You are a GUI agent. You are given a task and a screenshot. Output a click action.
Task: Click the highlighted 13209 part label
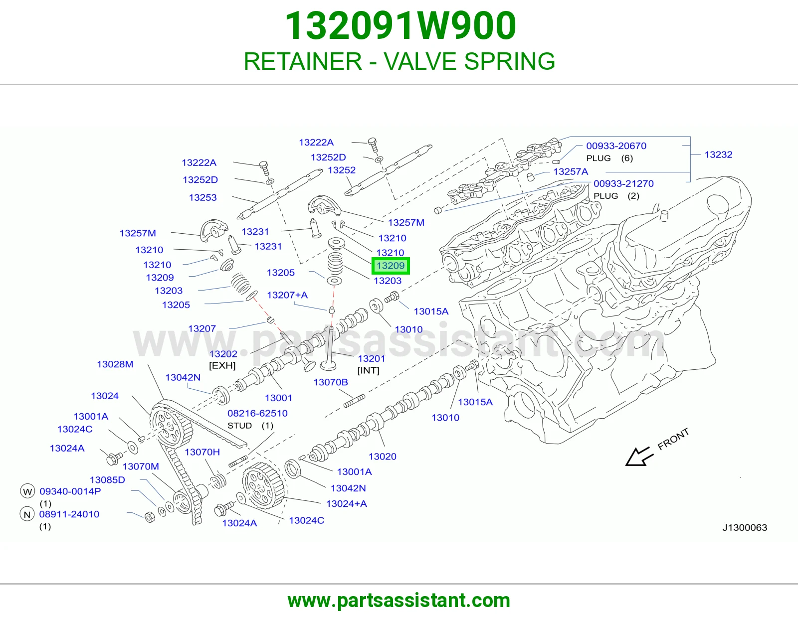tap(391, 266)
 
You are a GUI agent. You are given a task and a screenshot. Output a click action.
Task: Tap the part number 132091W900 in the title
tap(400, 26)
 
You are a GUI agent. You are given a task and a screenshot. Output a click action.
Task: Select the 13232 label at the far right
tap(718, 154)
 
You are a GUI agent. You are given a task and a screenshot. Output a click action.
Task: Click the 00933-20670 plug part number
tap(616, 146)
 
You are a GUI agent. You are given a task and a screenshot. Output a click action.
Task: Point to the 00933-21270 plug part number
tap(623, 183)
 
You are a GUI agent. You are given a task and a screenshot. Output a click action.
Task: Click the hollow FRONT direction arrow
tap(639, 457)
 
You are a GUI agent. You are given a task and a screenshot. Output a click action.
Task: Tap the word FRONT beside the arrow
tap(673, 439)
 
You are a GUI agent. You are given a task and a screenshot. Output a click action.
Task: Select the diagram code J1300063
tap(745, 527)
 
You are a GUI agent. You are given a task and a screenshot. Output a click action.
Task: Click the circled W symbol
tap(27, 491)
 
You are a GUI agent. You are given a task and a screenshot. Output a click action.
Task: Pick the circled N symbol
tap(27, 514)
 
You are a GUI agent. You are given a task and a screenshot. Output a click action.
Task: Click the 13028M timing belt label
tap(115, 364)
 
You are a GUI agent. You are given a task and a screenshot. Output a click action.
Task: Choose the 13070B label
tap(331, 382)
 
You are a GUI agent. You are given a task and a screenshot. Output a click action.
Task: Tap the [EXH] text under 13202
tap(222, 365)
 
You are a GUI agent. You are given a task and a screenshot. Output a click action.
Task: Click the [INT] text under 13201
tap(369, 370)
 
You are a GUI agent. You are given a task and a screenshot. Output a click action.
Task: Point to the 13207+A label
tap(287, 295)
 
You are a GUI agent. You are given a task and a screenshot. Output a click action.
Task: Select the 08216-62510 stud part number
tap(257, 413)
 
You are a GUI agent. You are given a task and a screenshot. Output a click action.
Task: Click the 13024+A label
tap(346, 503)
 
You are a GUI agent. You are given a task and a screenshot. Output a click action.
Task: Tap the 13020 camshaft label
tap(382, 456)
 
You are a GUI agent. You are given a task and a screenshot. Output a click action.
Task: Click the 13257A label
tap(571, 171)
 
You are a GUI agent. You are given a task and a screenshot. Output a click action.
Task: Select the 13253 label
tap(202, 197)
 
